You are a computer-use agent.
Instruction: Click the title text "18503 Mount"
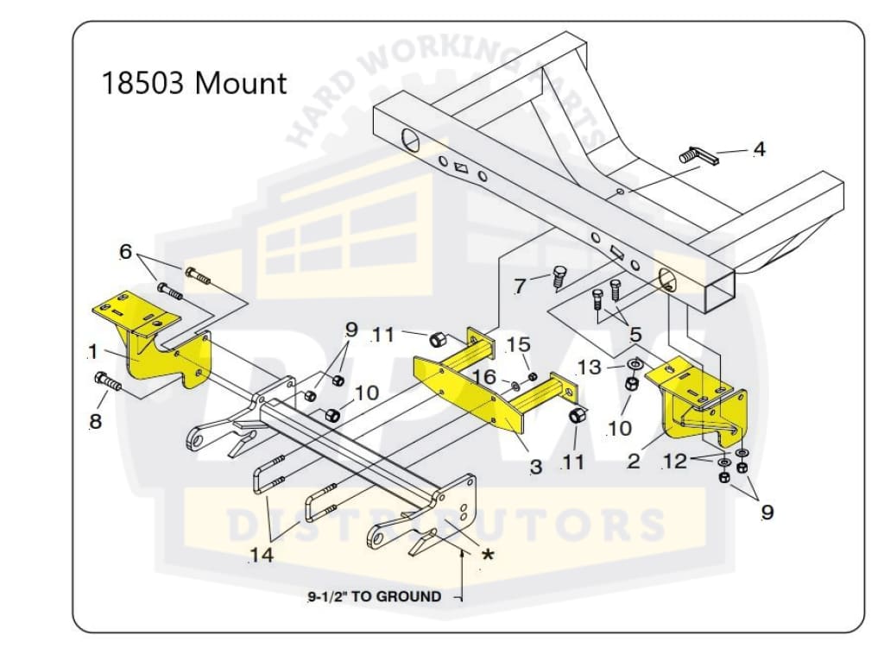[x=194, y=85]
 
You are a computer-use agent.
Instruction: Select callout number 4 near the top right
[x=759, y=149]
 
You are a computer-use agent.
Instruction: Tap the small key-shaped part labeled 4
[x=698, y=155]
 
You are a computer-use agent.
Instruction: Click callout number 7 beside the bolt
[x=520, y=286]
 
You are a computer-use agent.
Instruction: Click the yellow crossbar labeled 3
[x=483, y=388]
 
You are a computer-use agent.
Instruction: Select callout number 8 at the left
[x=95, y=421]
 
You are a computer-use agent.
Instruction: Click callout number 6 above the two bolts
[x=126, y=252]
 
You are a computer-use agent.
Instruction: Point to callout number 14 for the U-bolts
[x=262, y=555]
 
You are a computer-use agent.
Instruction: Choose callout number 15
[x=518, y=344]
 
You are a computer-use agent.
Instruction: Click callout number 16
[x=484, y=377]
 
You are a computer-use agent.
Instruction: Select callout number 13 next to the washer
[x=589, y=367]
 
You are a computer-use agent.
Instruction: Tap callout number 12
[x=674, y=462]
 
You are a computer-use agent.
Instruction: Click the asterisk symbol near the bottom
[x=488, y=556]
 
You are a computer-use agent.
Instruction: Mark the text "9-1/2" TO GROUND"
[x=374, y=596]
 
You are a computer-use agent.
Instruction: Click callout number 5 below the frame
[x=636, y=334]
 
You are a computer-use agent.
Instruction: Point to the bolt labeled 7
[x=558, y=276]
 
